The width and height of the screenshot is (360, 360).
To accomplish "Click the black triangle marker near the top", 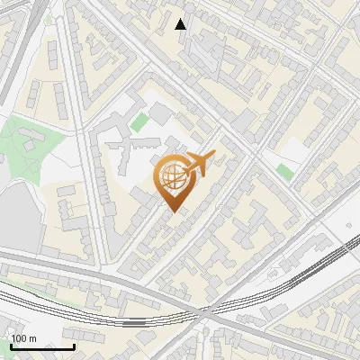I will coord(182,24).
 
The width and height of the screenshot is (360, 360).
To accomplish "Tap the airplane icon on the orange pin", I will coord(200,163).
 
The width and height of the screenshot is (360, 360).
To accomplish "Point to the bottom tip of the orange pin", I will coord(172,211).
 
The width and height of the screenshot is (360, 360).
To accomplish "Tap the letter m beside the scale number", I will coord(33,338).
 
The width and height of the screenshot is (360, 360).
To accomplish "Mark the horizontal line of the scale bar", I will coord(42,346).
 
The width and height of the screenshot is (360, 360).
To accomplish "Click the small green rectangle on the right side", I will coord(285,171).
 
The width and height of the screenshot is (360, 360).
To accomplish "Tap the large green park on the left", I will coord(27,144).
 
